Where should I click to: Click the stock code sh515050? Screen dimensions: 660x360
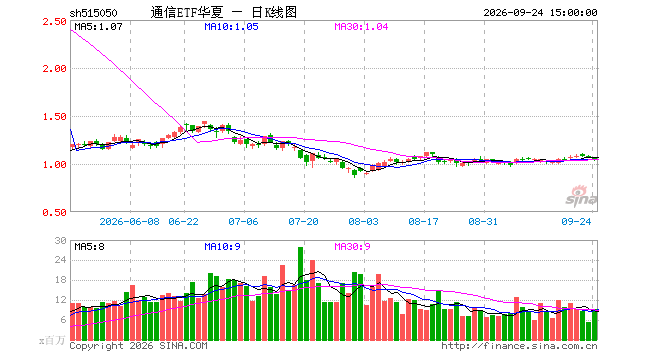(93, 13)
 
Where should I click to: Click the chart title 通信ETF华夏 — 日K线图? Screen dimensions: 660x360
(224, 12)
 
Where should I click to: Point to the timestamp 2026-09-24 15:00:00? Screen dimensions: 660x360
(540, 13)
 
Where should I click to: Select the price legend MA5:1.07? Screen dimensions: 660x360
(98, 27)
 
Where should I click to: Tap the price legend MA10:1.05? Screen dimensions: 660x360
(231, 27)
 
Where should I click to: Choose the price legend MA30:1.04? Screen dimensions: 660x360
(361, 27)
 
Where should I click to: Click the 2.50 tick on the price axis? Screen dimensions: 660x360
(54, 21)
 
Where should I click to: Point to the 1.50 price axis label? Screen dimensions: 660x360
(54, 117)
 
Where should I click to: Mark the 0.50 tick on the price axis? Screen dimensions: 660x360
(54, 213)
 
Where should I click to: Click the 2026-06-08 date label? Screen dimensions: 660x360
(129, 221)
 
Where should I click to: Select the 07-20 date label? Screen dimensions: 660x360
(303, 221)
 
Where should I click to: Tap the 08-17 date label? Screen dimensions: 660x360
(423, 221)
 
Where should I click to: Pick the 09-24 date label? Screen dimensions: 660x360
(576, 221)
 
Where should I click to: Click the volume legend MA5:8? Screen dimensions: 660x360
(89, 246)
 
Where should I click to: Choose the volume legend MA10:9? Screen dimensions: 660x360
(222, 246)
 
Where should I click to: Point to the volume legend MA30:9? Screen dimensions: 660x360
(352, 246)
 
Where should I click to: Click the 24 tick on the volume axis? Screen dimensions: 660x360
(61, 260)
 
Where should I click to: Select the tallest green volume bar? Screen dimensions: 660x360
(301, 293)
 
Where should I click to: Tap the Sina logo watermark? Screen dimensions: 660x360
(581, 196)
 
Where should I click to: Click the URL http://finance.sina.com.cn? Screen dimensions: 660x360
(519, 346)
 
